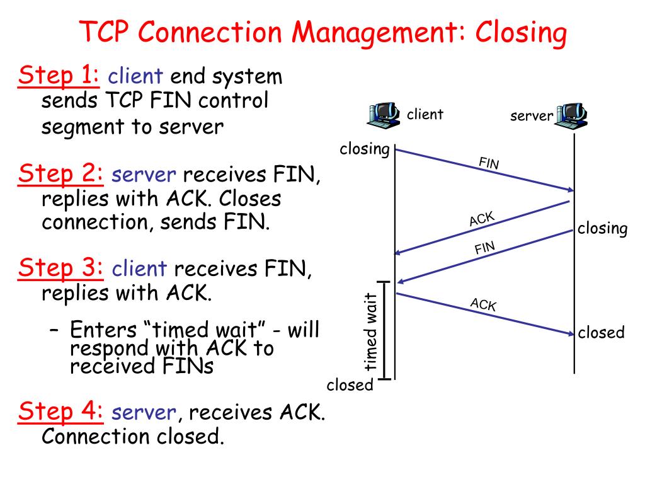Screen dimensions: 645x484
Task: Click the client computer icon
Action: pyautogui.click(x=384, y=115)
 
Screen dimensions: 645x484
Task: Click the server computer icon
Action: pyautogui.click(x=571, y=116)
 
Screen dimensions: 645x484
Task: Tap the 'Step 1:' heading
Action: pyautogui.click(x=59, y=76)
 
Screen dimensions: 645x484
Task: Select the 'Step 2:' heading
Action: pyautogui.click(x=60, y=174)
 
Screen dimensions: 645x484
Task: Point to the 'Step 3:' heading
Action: pyautogui.click(x=60, y=268)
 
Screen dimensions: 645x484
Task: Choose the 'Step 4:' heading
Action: pyautogui.click(x=60, y=411)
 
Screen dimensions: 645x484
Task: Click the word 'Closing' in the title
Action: pyautogui.click(x=521, y=33)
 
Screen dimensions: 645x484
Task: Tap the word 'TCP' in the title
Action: pyautogui.click(x=104, y=32)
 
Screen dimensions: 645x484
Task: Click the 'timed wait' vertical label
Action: pyautogui.click(x=370, y=331)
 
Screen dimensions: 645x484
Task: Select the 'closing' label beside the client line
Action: pyautogui.click(x=365, y=149)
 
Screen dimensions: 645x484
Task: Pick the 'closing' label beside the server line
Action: pyautogui.click(x=602, y=228)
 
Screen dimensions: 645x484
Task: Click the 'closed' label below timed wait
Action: pyautogui.click(x=350, y=385)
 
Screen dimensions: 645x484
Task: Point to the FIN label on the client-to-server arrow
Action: pyautogui.click(x=489, y=163)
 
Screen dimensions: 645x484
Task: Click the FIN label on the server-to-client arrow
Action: pyautogui.click(x=484, y=248)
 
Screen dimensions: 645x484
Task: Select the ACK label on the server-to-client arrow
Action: pyautogui.click(x=482, y=219)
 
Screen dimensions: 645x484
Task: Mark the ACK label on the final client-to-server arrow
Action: pyautogui.click(x=483, y=304)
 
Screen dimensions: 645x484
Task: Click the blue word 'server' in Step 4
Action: pyautogui.click(x=144, y=412)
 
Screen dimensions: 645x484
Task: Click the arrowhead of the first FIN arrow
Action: pyautogui.click(x=571, y=190)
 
